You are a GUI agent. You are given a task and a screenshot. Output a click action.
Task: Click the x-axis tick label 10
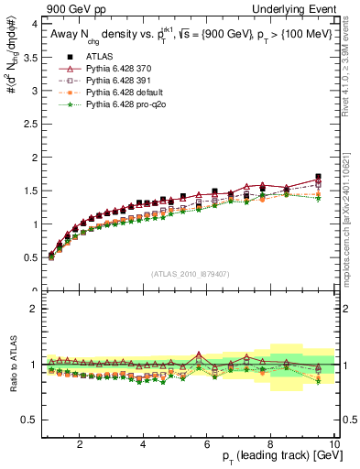click(x=334, y=446)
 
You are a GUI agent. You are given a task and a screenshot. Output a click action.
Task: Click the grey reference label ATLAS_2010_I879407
click(x=190, y=274)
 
